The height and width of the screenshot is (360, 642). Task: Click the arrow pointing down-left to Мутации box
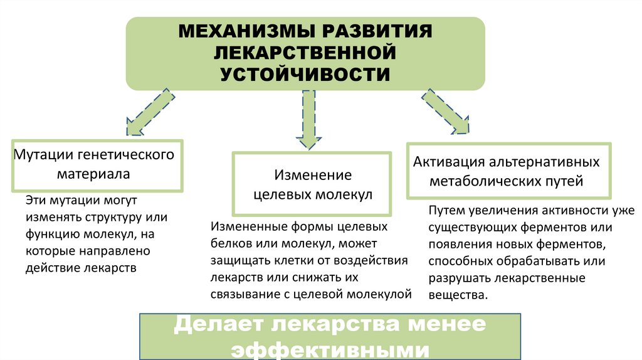[149, 114]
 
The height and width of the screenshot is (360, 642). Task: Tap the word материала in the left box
[94, 174]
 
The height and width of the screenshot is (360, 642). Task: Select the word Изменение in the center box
[313, 175]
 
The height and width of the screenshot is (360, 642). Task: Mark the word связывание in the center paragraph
[245, 293]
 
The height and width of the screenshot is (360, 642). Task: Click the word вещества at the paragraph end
[457, 294]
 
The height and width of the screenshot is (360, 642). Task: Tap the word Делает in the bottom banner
[213, 325]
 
